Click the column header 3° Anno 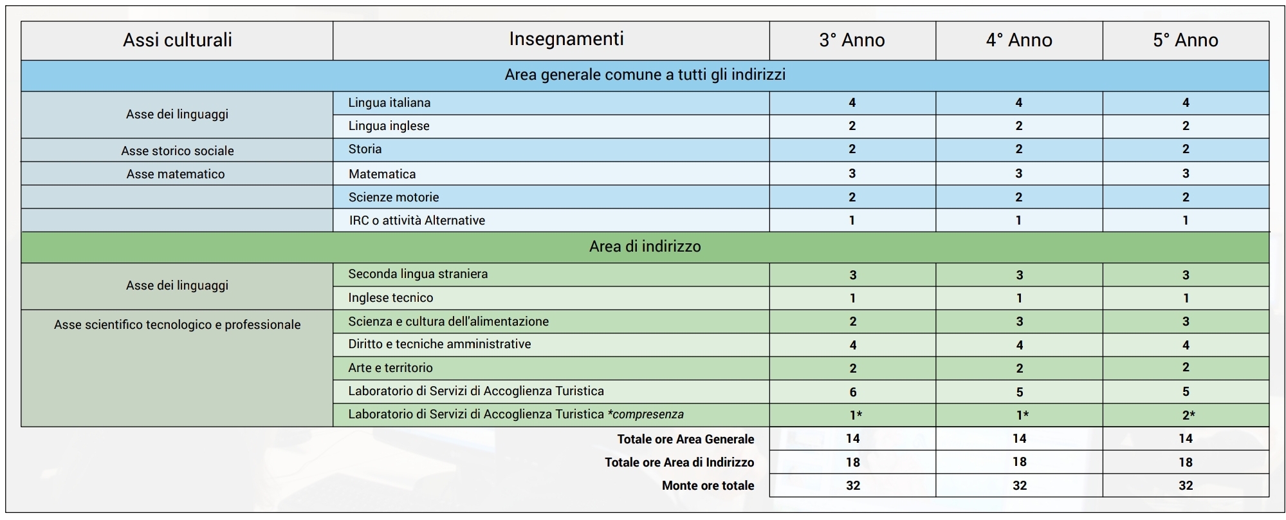(x=852, y=40)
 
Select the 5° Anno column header (x=1185, y=40)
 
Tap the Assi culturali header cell (x=177, y=40)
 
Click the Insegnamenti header (x=566, y=39)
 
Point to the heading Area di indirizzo (x=645, y=246)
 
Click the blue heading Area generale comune (x=645, y=75)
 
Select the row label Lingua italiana (x=389, y=102)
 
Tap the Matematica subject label (x=382, y=174)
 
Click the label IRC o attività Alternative (x=417, y=220)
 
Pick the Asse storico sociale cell (x=177, y=151)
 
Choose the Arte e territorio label (x=390, y=367)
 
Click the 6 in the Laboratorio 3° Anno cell (x=852, y=392)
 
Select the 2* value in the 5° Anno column (x=1188, y=415)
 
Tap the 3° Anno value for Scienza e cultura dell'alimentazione (x=852, y=321)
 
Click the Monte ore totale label (x=708, y=485)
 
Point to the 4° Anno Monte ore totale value (x=1019, y=485)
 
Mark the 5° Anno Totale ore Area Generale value (x=1185, y=438)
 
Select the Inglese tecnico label (x=390, y=297)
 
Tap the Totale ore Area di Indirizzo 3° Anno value (x=852, y=462)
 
